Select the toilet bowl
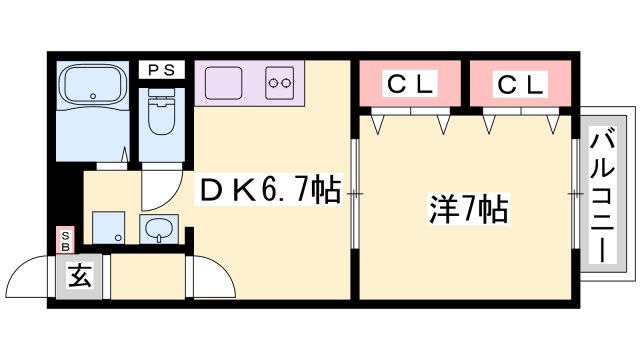[x=160, y=117]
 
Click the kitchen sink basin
[x=225, y=83]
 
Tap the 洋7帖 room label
[x=467, y=211]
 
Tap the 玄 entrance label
[x=81, y=277]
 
